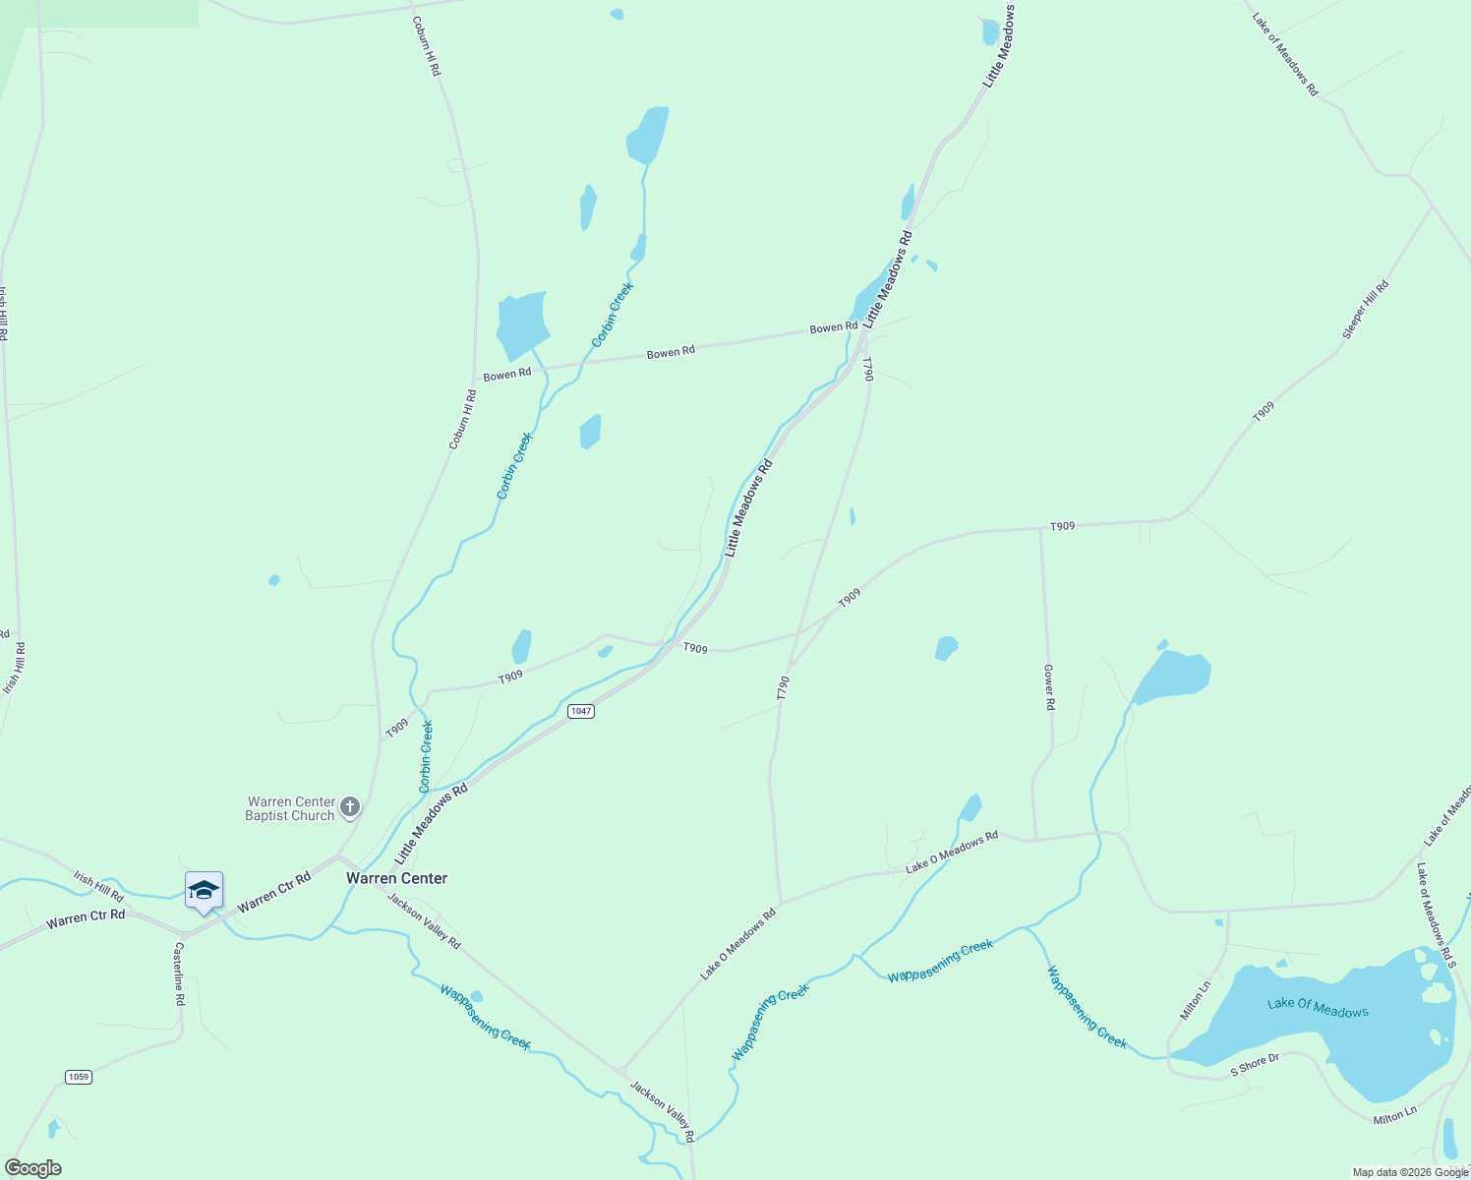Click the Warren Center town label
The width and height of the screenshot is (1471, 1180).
[x=396, y=878]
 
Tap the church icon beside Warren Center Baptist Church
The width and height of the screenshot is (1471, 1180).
[x=350, y=808]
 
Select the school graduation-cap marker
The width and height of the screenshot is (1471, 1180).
[x=204, y=891]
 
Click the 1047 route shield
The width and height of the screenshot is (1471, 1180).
[x=581, y=711]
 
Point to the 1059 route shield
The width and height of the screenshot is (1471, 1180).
[x=79, y=1077]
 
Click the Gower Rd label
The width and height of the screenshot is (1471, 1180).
[x=1049, y=687]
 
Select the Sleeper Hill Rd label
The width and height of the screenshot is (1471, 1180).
[x=1366, y=311]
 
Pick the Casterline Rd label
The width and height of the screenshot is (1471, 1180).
[x=179, y=973]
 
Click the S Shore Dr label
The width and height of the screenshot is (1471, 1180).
[x=1255, y=1065]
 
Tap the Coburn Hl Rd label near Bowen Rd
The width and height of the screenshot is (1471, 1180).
[x=462, y=420]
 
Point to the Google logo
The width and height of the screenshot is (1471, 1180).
[x=33, y=1168]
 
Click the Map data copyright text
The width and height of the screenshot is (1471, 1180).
[x=1409, y=1172]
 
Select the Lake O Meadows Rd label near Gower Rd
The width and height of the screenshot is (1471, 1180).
[x=951, y=852]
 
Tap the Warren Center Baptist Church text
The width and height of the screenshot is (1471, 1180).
[x=291, y=808]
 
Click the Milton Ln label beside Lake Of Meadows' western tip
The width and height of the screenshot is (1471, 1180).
[x=1196, y=1000]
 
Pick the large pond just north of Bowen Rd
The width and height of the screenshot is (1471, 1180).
[x=521, y=323]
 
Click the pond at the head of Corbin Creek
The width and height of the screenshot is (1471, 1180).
[x=648, y=135]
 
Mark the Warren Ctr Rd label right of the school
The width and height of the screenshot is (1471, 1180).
[x=273, y=891]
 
